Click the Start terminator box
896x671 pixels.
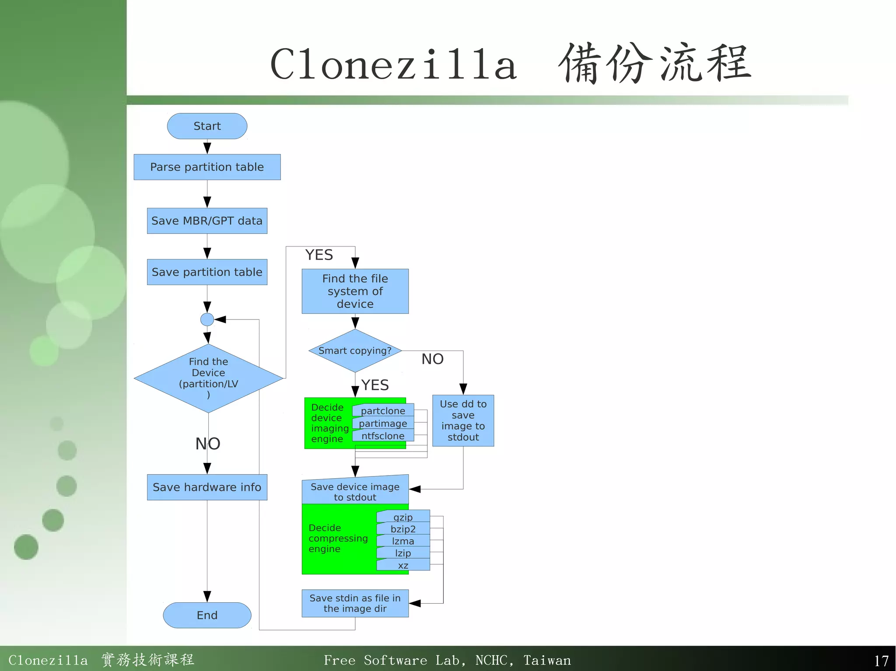coord(207,126)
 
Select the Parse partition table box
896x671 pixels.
coord(207,167)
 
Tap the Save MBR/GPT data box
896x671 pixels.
coord(207,221)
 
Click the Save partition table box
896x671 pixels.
coord(207,272)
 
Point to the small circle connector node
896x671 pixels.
coord(207,320)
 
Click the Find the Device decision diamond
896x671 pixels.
coord(208,378)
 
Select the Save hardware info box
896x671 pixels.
coord(207,487)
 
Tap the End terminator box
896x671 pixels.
coord(207,615)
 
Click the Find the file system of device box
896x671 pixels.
coord(355,291)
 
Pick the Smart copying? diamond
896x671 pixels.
coord(355,351)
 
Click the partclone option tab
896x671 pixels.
coord(383,411)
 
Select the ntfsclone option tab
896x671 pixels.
coord(383,436)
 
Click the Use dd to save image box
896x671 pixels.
coord(463,421)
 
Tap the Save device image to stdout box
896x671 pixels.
coord(355,491)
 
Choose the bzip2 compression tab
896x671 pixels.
coord(403,529)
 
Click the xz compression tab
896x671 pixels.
coord(403,565)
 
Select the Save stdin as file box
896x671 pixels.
coord(355,603)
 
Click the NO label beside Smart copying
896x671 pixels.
coord(432,359)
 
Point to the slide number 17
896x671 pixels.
coord(881,661)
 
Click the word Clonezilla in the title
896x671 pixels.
coord(393,65)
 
